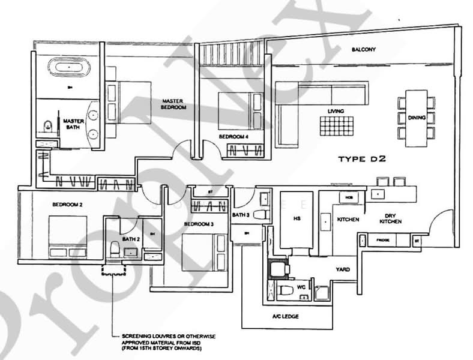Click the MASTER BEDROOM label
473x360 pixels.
point(173,104)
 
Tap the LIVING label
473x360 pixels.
point(335,111)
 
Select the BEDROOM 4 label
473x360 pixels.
point(233,137)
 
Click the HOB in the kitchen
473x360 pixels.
point(347,197)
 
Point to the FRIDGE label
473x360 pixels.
point(382,240)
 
